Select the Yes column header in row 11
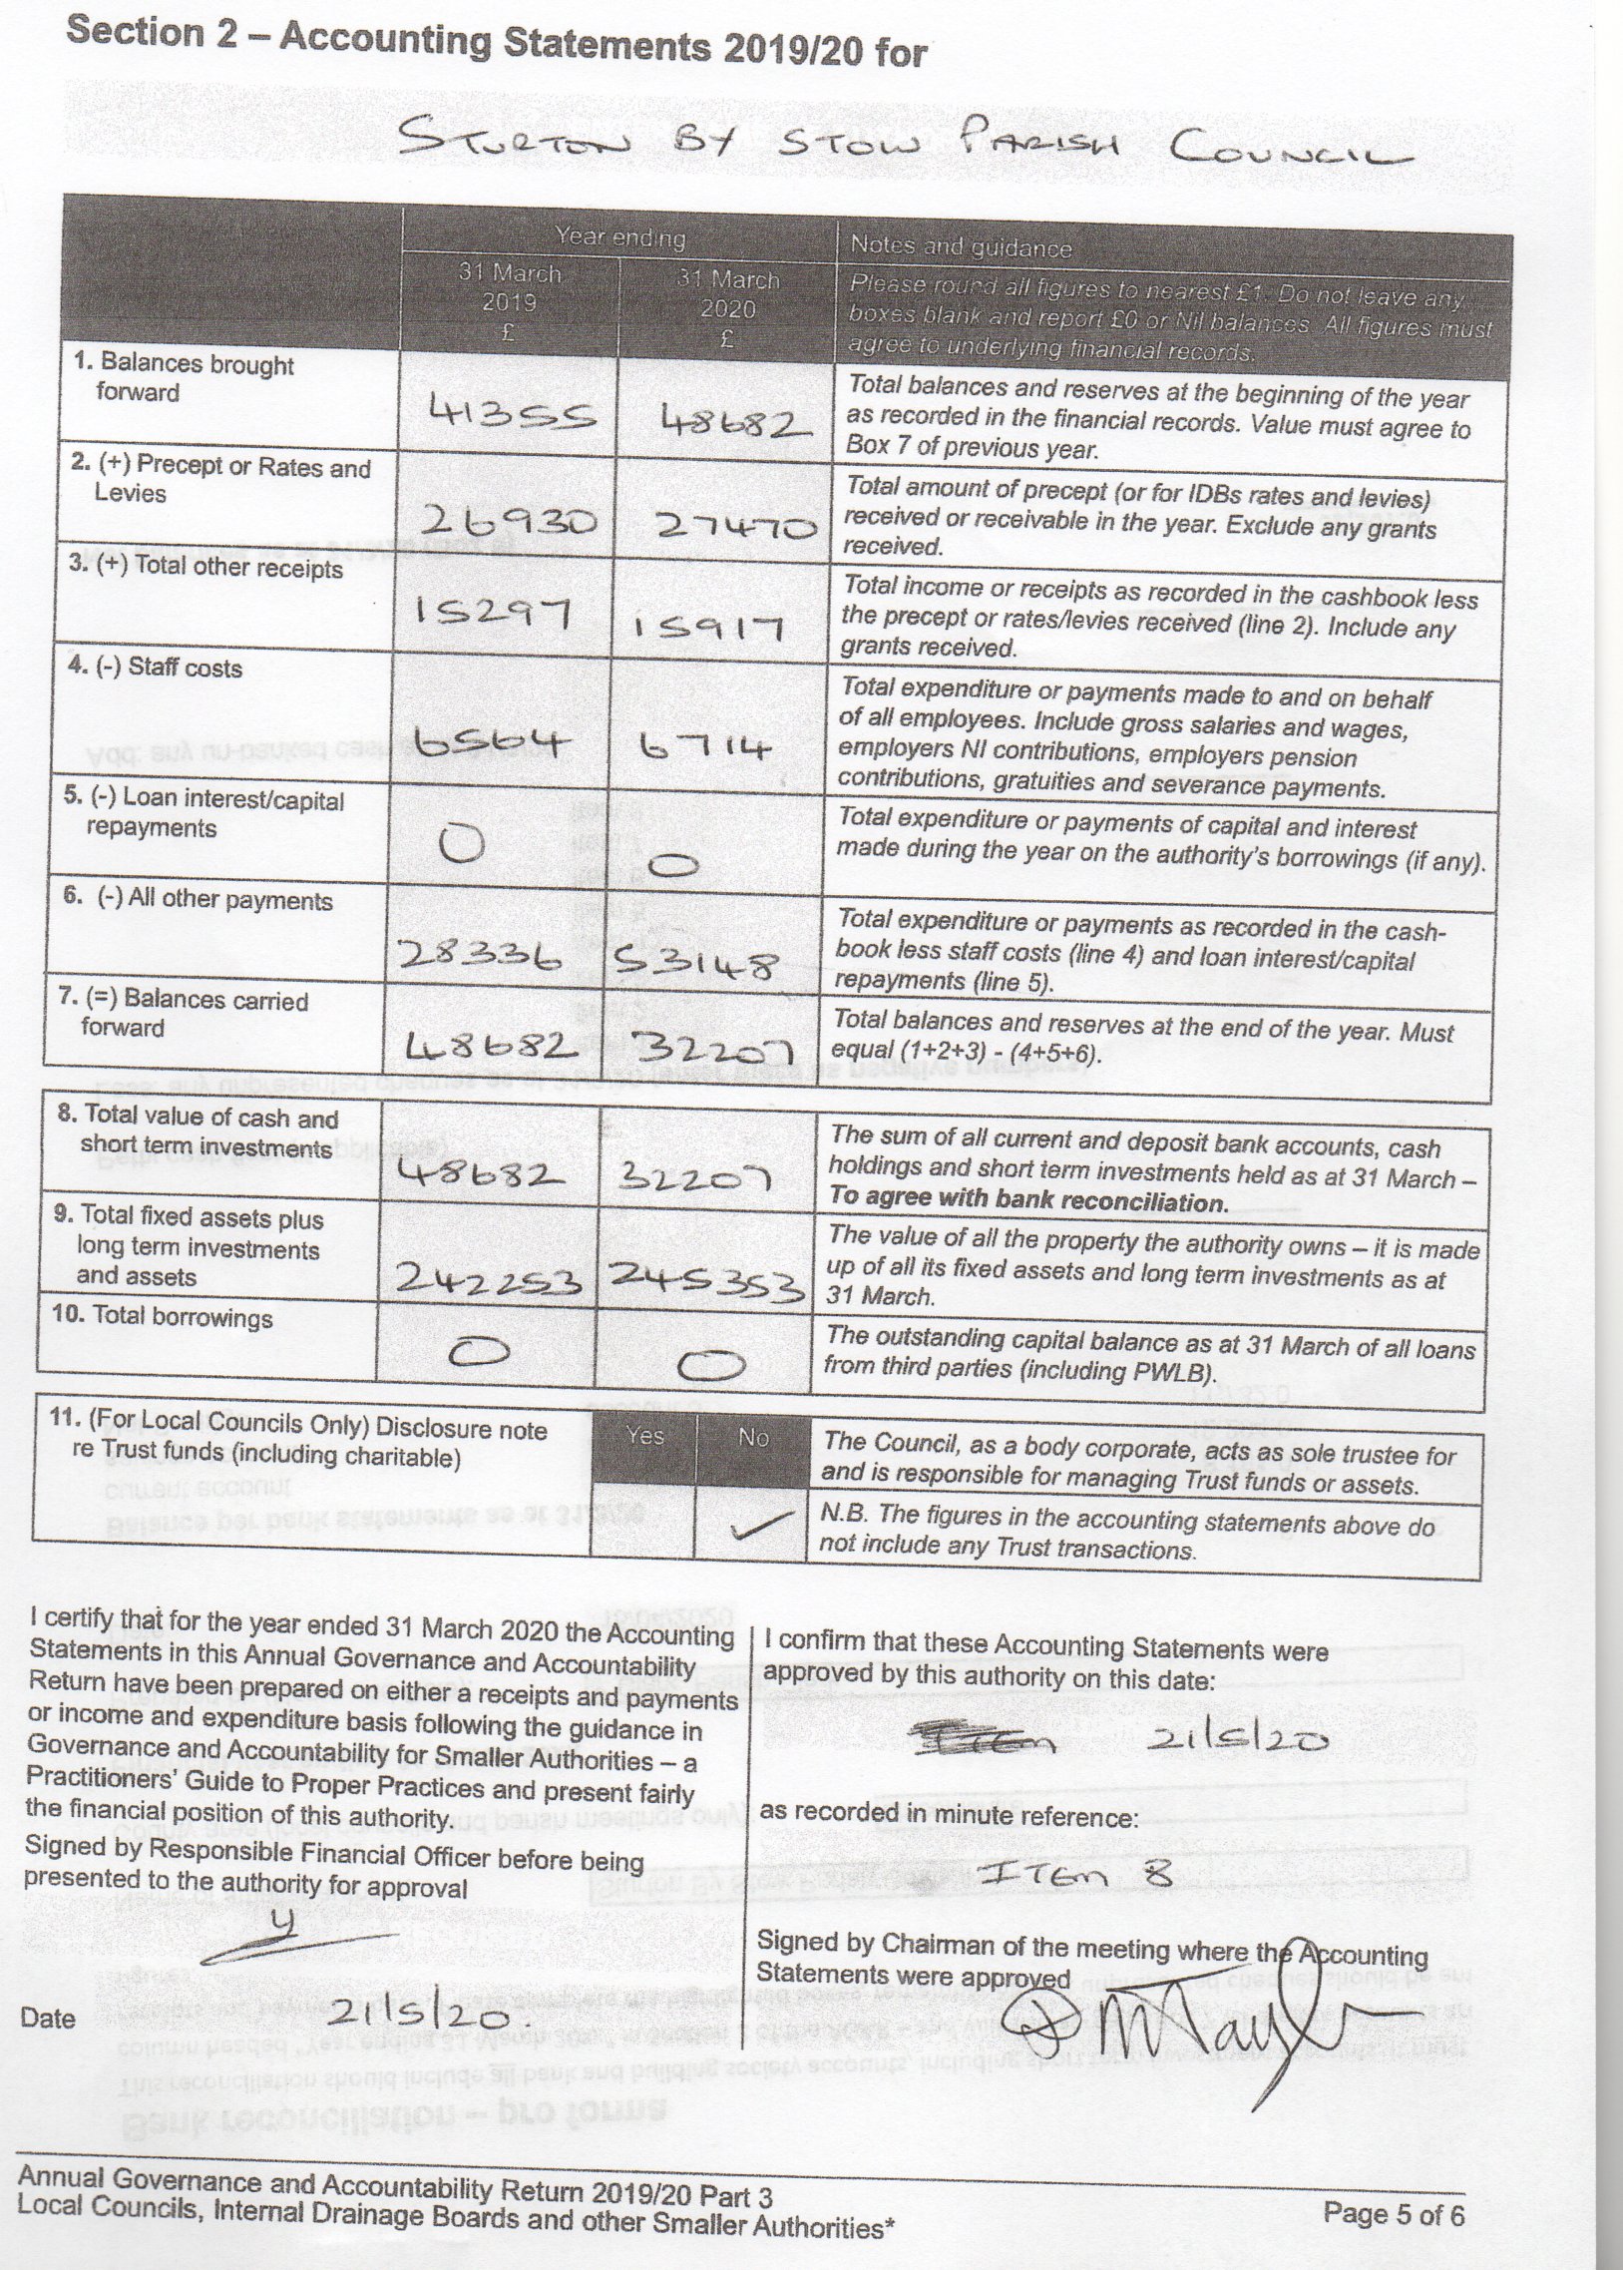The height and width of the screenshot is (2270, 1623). pos(644,1436)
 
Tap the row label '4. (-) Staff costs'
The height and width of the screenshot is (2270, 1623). pos(155,668)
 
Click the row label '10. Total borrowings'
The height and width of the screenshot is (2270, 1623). pos(162,1316)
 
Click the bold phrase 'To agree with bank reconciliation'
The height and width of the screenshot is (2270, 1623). pos(1026,1201)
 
